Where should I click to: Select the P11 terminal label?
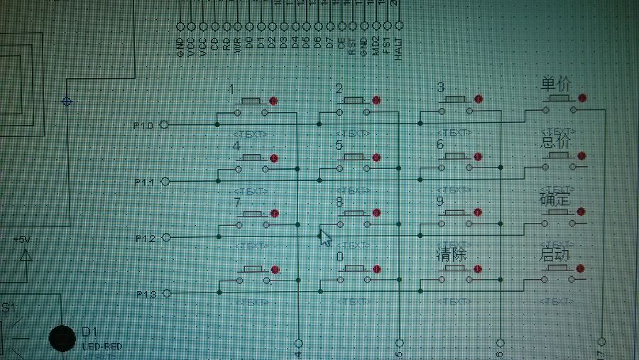[x=144, y=182]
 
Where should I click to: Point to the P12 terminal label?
[x=145, y=239]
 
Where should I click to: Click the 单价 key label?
[x=556, y=84]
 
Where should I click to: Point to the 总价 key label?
[x=556, y=142]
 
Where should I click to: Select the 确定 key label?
[x=556, y=198]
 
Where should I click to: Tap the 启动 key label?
[x=556, y=254]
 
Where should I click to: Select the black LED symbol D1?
[x=62, y=339]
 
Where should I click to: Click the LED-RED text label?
[x=102, y=347]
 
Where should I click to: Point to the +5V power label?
[x=23, y=240]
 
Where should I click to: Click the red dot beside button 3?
[x=478, y=99]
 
